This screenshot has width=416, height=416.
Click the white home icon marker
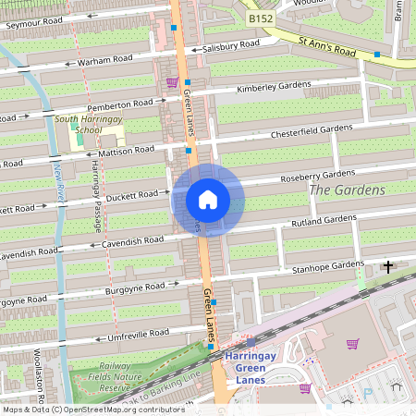pos(208,200)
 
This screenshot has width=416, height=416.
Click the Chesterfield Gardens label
pos(312,132)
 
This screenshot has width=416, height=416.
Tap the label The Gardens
pos(347,190)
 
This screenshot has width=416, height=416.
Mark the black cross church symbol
pos(387,267)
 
